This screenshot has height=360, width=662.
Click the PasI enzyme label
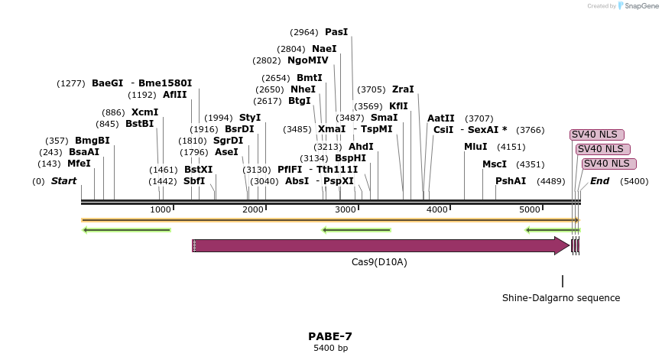coord(336,32)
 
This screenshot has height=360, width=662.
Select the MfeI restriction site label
coord(79,164)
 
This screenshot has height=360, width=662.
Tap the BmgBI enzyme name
coord(92,141)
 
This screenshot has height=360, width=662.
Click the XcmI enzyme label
coord(144,112)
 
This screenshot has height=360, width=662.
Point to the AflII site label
coord(174,95)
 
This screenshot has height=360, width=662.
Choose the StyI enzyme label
coord(250,118)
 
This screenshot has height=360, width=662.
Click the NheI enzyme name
coord(303,89)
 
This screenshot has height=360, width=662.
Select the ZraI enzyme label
coord(403,89)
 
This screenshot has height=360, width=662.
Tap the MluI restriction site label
coord(475,147)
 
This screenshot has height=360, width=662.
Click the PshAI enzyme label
coord(511,181)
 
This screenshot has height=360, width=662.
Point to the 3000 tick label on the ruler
coord(346,209)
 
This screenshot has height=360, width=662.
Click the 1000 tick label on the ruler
coord(161,209)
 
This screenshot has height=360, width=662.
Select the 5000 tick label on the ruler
coord(530,209)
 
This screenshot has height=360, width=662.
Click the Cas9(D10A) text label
coord(379,262)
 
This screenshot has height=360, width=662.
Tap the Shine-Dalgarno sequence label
coord(561,298)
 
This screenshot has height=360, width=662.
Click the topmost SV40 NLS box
coord(594,135)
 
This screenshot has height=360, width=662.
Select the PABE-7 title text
coord(330,336)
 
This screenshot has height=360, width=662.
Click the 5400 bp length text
coord(330,349)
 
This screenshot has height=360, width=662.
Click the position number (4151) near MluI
coord(511,147)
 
